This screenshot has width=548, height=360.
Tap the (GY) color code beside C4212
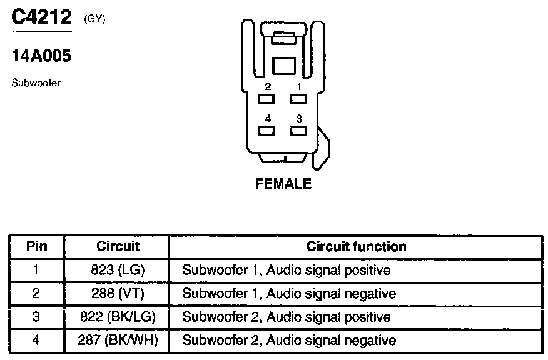(x=94, y=19)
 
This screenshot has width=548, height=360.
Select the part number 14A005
(x=41, y=56)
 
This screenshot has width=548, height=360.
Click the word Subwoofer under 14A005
(x=36, y=82)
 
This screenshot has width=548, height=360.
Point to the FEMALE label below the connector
(x=283, y=184)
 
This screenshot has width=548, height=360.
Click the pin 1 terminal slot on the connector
(x=298, y=99)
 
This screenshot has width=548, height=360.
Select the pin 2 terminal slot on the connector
(x=267, y=99)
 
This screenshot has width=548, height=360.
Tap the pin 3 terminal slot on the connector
(x=298, y=131)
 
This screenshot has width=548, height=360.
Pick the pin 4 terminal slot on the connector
(x=267, y=131)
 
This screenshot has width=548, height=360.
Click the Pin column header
(x=36, y=246)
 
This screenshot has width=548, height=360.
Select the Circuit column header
(x=118, y=246)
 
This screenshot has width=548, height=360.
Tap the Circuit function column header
(x=356, y=246)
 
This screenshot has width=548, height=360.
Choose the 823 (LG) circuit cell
(x=118, y=271)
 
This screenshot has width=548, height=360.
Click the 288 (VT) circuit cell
(x=118, y=294)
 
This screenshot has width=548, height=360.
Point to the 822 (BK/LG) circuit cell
(x=118, y=317)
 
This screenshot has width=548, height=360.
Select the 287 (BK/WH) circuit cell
(x=118, y=341)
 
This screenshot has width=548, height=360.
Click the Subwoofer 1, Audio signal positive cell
(x=286, y=271)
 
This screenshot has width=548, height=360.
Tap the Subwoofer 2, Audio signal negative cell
(x=288, y=341)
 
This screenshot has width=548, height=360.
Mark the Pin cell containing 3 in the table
(x=36, y=317)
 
